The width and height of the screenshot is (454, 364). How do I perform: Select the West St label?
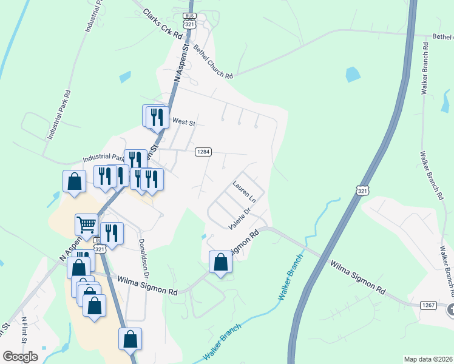tap(183, 123)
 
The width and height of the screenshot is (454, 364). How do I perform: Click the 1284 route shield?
tap(203, 151)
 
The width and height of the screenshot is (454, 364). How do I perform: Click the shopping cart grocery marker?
tap(86, 224)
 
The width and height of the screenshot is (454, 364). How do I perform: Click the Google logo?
tap(20, 356)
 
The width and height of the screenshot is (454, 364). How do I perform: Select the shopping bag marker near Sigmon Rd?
tap(221, 262)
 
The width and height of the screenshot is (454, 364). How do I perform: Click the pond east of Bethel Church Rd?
tap(352, 75)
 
